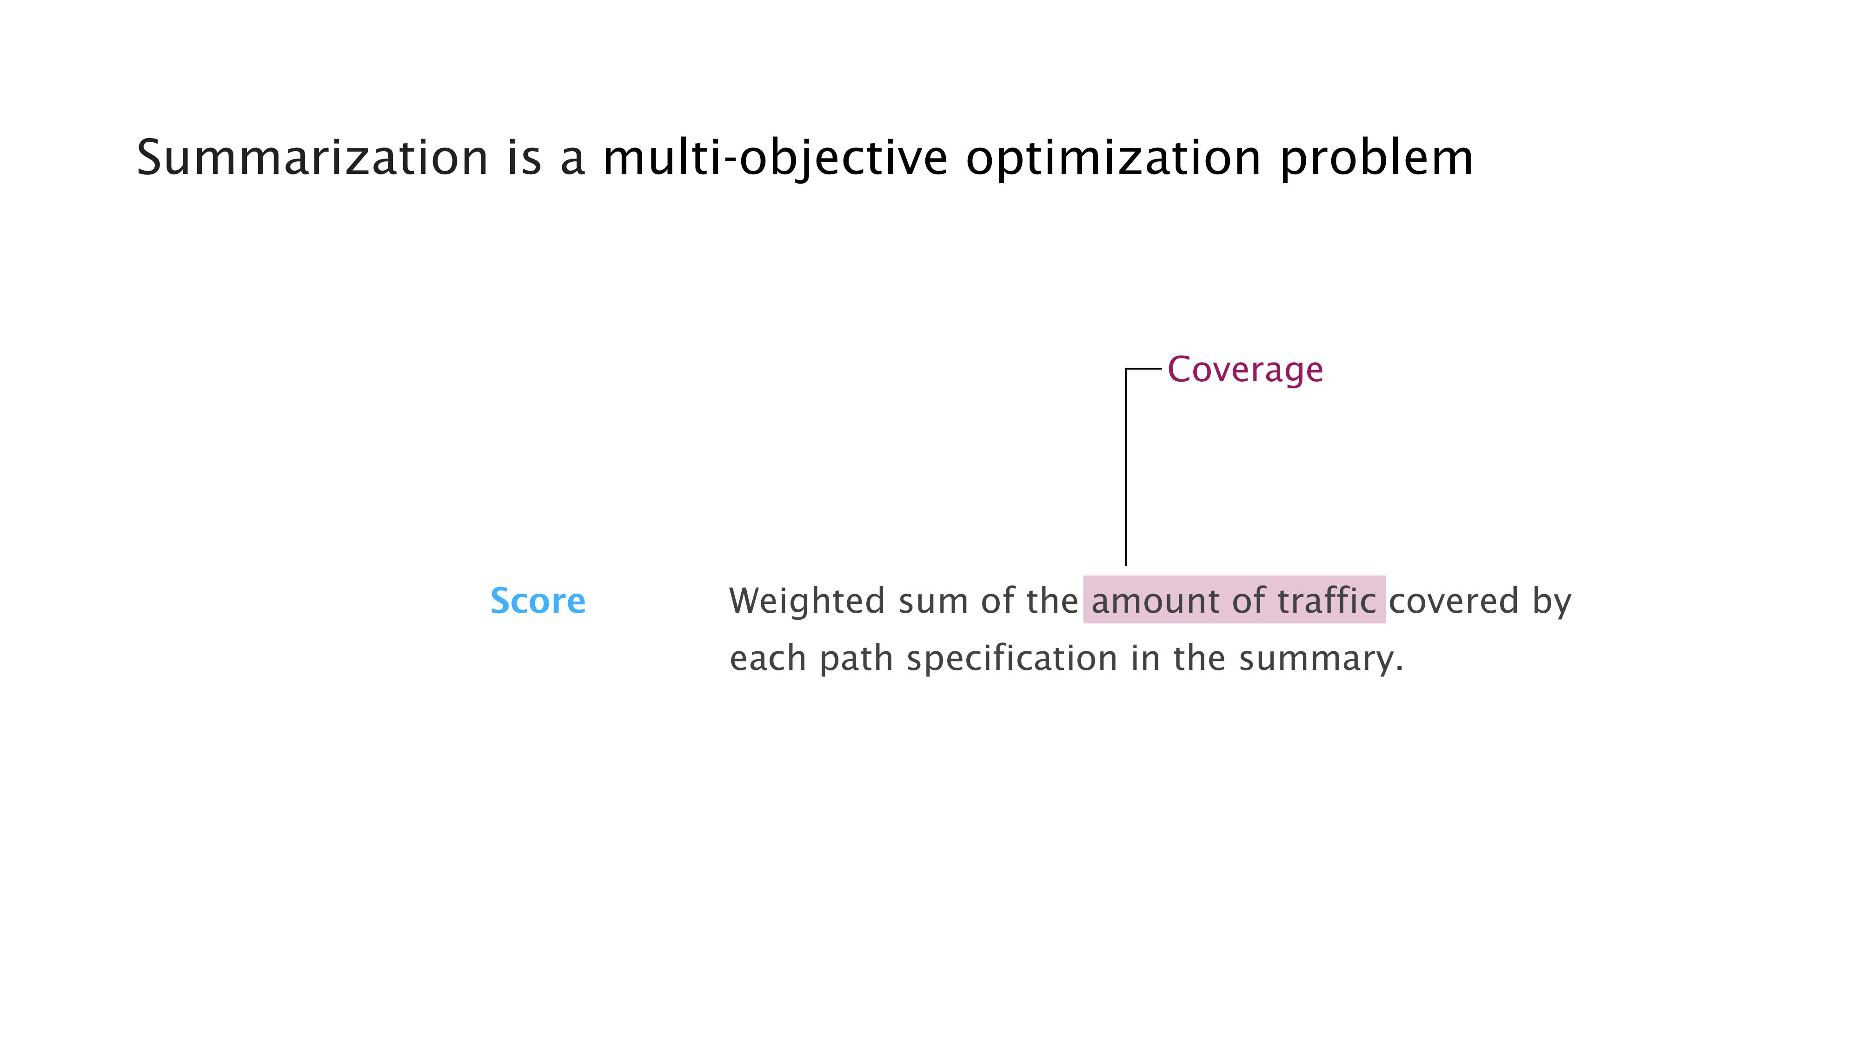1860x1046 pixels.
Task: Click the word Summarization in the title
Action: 312,158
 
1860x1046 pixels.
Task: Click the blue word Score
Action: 538,601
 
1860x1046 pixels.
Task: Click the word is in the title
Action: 524,158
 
